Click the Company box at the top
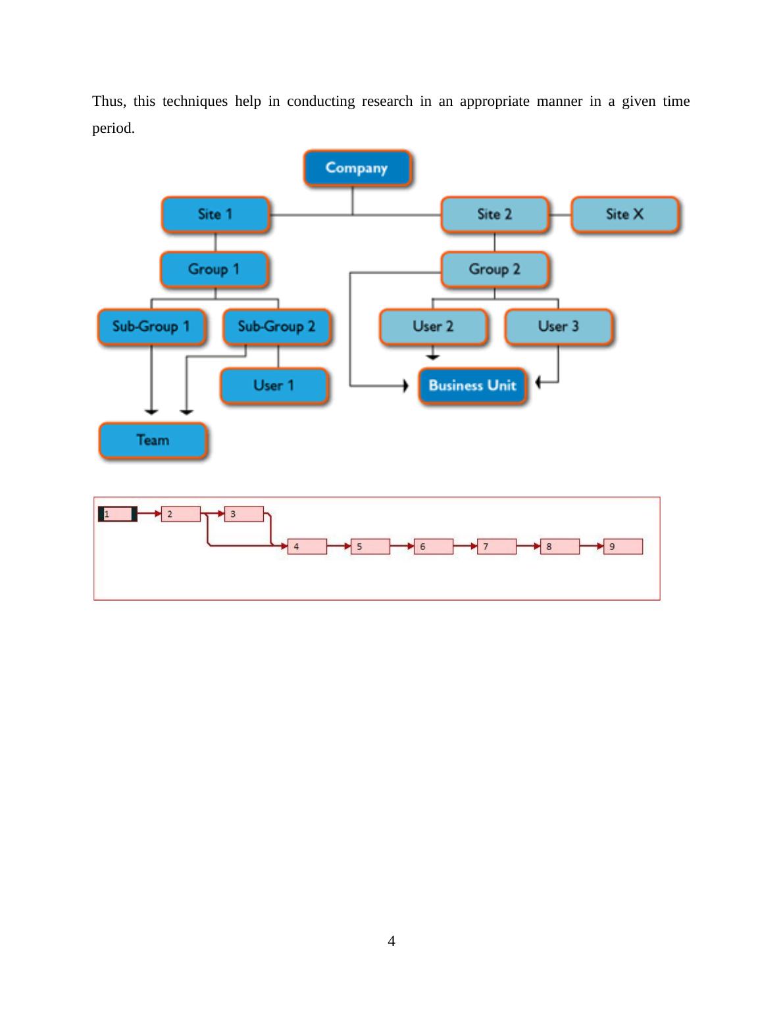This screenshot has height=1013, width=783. [357, 168]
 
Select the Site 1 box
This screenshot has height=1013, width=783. [216, 214]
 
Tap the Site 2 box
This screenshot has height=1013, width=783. [495, 214]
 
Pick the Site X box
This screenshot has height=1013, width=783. [625, 214]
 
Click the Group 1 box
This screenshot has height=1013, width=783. [215, 270]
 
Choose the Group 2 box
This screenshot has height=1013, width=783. [495, 270]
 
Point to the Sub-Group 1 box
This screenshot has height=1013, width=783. [151, 327]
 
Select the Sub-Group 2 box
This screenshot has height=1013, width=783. [277, 327]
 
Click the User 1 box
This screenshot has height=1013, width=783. [274, 385]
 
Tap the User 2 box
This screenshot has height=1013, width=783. [434, 327]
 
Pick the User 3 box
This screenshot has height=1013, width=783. [559, 327]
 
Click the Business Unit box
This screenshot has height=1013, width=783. [472, 386]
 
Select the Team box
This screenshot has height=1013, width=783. [153, 441]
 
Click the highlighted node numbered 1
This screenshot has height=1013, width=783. [118, 514]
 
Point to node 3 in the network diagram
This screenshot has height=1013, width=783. [244, 514]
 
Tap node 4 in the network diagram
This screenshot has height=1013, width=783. [307, 547]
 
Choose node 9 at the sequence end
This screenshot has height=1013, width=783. [623, 547]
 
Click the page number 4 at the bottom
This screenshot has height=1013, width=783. [391, 941]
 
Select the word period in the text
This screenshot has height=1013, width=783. [113, 128]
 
